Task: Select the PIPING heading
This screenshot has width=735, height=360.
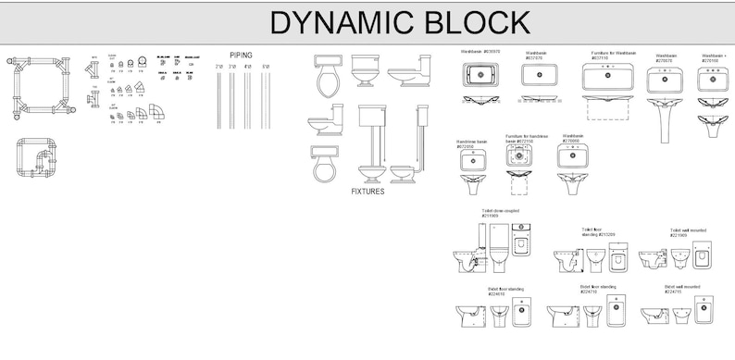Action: pos(241,56)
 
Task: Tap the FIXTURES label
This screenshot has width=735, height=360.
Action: pos(367,192)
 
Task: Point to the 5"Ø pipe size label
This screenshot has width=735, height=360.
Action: pos(266,67)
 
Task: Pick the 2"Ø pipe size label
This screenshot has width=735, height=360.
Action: pos(219,67)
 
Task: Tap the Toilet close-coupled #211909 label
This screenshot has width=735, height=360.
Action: pos(500,213)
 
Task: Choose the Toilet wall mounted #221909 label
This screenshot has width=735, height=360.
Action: pos(688,231)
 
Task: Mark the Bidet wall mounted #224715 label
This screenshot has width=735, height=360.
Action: pos(681,289)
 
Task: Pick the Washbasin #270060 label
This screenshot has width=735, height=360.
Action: pos(573,138)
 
